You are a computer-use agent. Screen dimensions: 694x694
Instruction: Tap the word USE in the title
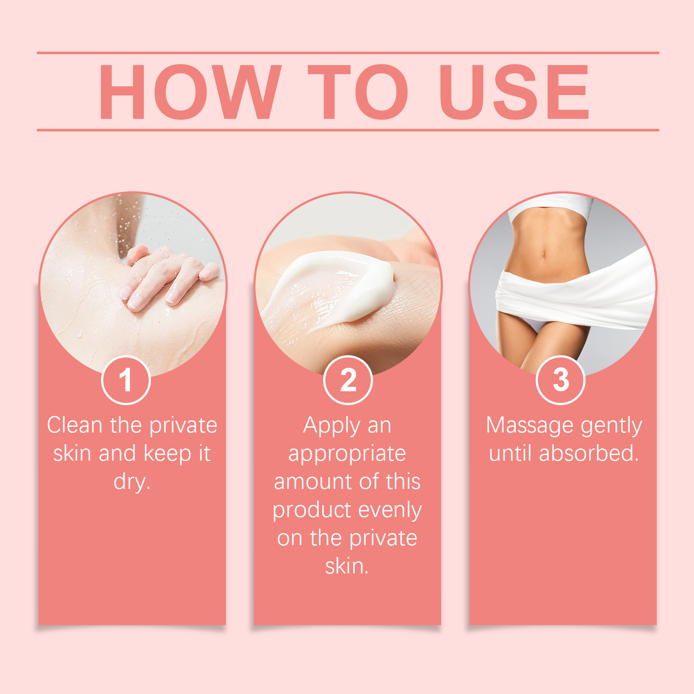514,92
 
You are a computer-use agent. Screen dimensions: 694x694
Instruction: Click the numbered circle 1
126,380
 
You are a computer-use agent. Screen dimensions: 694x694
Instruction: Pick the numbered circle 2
348,380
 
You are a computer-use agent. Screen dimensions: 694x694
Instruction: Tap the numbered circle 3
561,380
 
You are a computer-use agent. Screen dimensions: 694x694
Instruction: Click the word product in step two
312,511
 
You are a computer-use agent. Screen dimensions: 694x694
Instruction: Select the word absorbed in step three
589,454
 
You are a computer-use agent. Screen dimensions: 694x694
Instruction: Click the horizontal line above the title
348,53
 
